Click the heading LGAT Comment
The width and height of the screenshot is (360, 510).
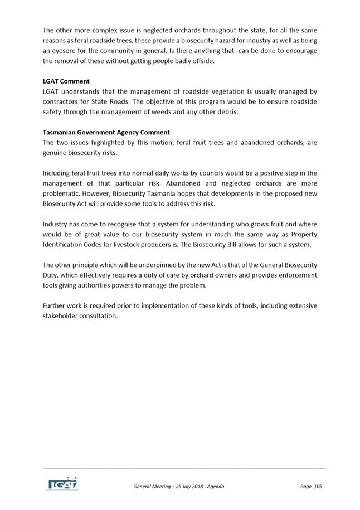click(66, 81)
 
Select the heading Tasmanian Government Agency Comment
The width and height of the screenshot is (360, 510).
click(106, 133)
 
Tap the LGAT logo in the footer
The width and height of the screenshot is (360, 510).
click(62, 483)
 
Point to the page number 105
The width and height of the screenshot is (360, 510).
click(318, 487)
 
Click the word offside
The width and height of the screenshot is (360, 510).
click(201, 61)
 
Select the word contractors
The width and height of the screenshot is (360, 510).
click(61, 101)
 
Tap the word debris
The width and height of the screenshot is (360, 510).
click(227, 111)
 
